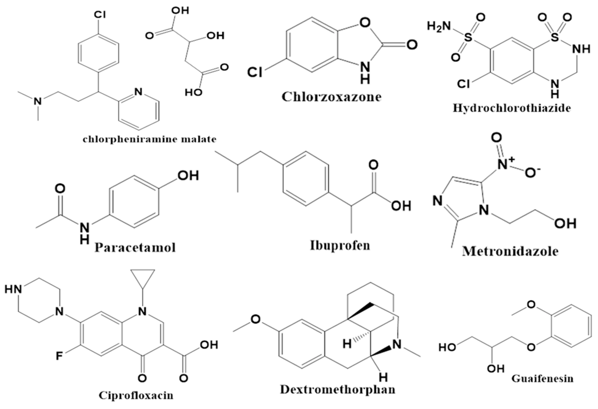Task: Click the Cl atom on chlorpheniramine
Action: tap(100, 15)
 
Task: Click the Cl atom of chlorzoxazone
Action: tap(255, 72)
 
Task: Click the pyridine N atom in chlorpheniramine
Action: tap(138, 92)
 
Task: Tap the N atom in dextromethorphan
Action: tap(398, 344)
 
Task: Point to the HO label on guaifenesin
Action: tap(447, 347)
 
